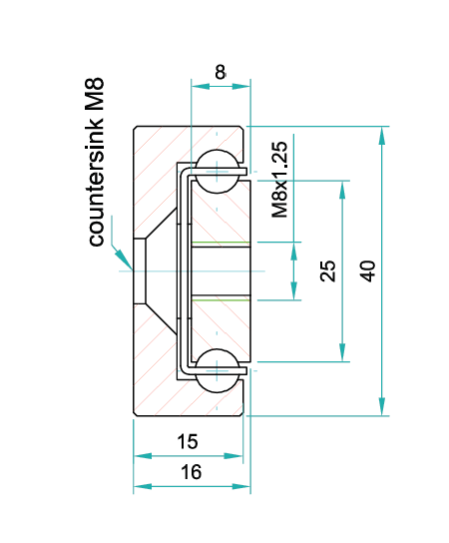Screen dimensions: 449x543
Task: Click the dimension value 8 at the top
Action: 221,73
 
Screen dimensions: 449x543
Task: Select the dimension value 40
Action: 367,271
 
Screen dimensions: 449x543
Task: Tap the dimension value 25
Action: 328,271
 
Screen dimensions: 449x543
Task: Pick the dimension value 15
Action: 188,441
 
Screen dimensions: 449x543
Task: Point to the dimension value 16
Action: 191,472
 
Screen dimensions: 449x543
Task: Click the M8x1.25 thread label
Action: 279,180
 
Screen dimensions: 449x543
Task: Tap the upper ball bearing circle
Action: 218,171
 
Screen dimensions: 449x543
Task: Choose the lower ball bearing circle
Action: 218,371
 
